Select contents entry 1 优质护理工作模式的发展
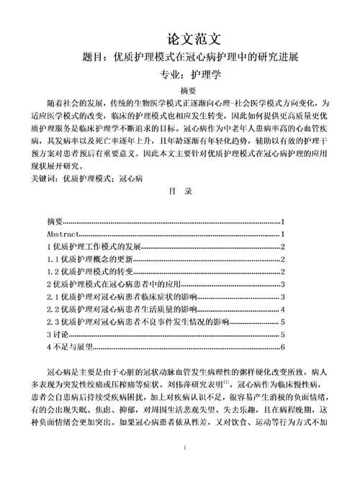click(x=93, y=248)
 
